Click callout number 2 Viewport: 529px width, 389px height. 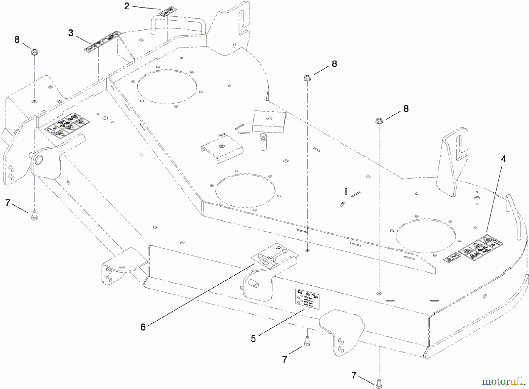point(127,6)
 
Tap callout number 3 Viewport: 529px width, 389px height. point(71,33)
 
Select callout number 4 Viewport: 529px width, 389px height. point(503,159)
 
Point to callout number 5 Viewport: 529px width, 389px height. point(253,339)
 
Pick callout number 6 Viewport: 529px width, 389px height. point(143,327)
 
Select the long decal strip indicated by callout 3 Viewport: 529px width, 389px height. point(103,41)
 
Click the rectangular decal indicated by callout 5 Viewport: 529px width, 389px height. point(307,299)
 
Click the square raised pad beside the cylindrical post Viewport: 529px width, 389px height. point(269,121)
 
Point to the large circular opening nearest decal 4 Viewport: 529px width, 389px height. point(426,236)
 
